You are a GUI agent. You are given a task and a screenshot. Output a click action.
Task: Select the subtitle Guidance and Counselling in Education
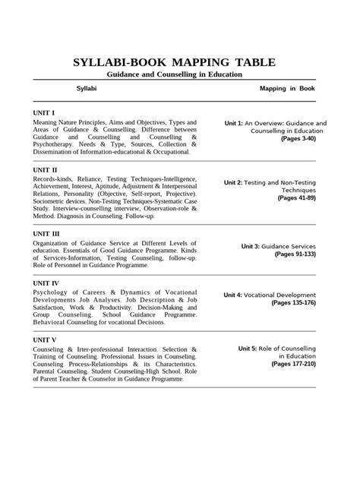(x=174, y=74)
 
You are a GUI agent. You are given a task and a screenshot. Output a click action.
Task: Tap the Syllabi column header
(x=86, y=89)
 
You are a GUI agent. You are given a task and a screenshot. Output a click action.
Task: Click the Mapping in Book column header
(x=288, y=89)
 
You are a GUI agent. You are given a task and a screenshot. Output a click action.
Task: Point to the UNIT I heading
(x=45, y=112)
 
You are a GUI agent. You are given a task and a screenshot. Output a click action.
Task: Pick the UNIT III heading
(x=48, y=234)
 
